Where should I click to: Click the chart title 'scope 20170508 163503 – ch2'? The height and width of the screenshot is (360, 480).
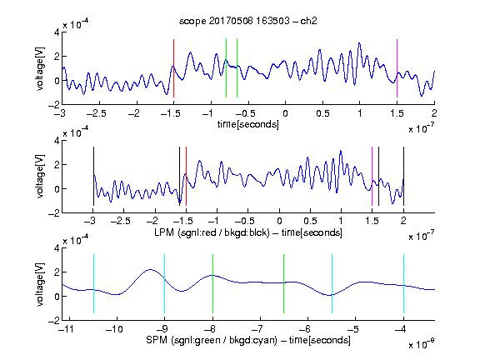[x=248, y=21]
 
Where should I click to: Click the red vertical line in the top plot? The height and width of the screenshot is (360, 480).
[x=173, y=68]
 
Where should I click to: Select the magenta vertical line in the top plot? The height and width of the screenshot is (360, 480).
[x=397, y=68]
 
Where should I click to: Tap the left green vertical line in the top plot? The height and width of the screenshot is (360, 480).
[x=226, y=68]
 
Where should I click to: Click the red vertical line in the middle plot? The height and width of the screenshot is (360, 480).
[x=186, y=177]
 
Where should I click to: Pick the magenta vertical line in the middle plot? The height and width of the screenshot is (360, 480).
[x=372, y=177]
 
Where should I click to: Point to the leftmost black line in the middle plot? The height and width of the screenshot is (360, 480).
[x=93, y=177]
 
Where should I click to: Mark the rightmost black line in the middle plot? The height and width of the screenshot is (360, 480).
[x=403, y=177]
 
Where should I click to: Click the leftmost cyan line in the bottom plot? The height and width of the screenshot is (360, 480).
[x=93, y=284]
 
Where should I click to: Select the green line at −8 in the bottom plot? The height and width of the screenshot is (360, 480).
[x=212, y=284]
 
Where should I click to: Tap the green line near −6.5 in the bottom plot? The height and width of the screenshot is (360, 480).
[x=284, y=284]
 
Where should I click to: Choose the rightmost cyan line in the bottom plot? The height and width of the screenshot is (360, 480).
[x=403, y=284]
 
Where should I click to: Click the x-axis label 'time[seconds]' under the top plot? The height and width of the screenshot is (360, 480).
[x=248, y=125]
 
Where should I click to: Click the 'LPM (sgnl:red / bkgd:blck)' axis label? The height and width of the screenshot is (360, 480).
[x=212, y=232]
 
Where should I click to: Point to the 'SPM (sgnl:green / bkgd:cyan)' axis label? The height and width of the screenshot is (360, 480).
[x=212, y=340]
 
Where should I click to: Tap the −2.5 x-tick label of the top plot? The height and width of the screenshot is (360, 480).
[x=96, y=113]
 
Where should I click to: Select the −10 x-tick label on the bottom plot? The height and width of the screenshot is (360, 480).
[x=114, y=329]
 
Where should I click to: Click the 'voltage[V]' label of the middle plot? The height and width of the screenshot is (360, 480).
[x=40, y=176]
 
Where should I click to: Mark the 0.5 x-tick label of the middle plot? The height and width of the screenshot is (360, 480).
[x=310, y=221]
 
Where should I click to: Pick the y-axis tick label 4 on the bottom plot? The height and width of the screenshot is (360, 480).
[x=57, y=248]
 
